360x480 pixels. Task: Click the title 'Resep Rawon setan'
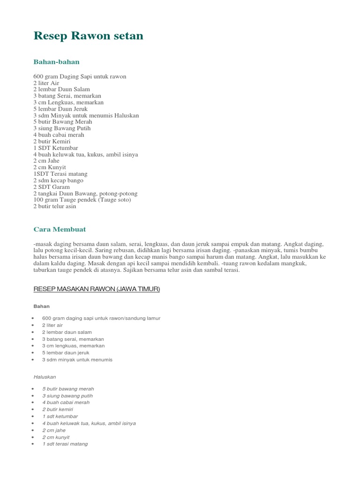pyautogui.click(x=88, y=36)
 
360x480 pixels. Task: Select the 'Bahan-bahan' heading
pyautogui.click(x=56, y=62)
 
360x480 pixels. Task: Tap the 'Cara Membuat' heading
pyautogui.click(x=60, y=229)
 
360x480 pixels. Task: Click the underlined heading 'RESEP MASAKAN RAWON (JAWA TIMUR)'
pyautogui.click(x=97, y=289)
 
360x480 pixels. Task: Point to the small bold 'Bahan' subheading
pyautogui.click(x=41, y=306)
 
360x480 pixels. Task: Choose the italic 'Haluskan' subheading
pyautogui.click(x=45, y=376)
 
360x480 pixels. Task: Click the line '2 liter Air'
pyautogui.click(x=46, y=82)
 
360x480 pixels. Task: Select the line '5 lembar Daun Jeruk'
pyautogui.click(x=60, y=109)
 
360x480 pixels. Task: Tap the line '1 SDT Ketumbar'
pyautogui.click(x=55, y=148)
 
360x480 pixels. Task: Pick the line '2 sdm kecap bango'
pyautogui.click(x=58, y=180)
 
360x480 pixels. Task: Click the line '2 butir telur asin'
pyautogui.click(x=54, y=206)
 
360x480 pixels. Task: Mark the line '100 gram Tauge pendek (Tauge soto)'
pyautogui.click(x=82, y=200)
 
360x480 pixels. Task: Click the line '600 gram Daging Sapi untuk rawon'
pyautogui.click(x=80, y=76)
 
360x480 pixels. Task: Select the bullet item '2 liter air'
pyautogui.click(x=52, y=325)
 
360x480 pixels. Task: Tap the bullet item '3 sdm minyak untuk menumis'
pyautogui.click(x=77, y=360)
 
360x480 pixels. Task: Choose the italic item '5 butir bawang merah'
pyautogui.click(x=68, y=389)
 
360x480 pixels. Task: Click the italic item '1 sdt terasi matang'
pyautogui.click(x=65, y=444)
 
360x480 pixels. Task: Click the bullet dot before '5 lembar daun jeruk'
pyautogui.click(x=32, y=353)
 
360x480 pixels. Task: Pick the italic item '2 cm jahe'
pyautogui.click(x=54, y=430)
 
